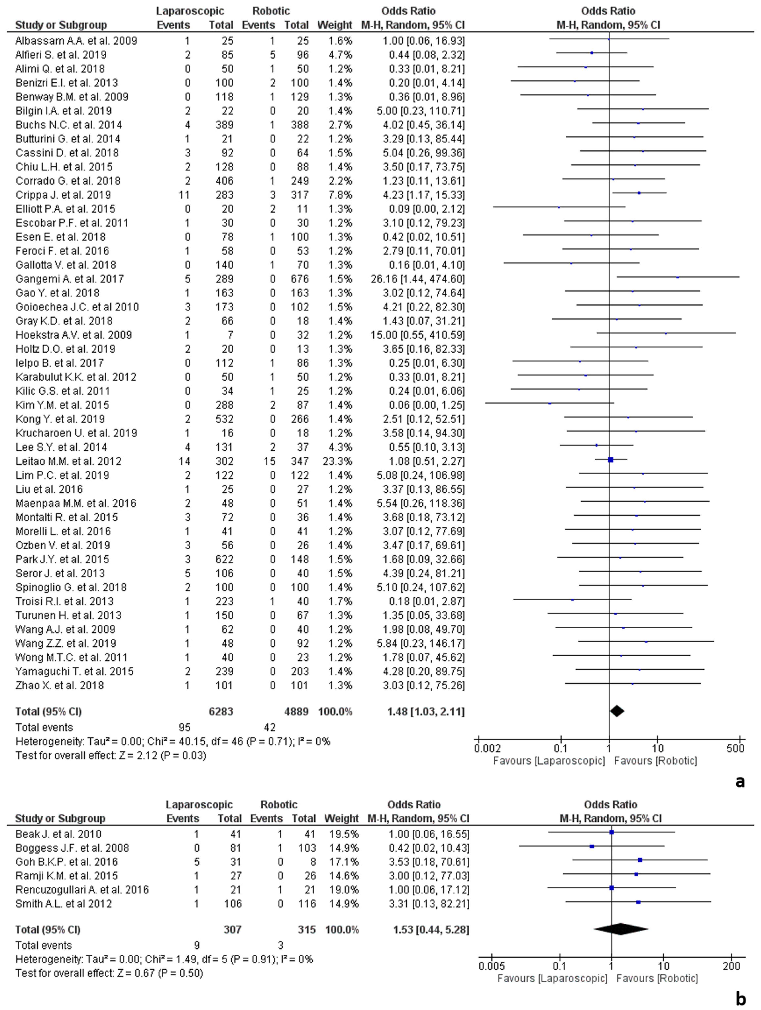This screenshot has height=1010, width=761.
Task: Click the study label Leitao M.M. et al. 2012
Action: [x=68, y=461]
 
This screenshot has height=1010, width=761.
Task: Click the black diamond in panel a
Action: [x=617, y=711]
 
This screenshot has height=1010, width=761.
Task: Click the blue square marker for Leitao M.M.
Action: [x=611, y=460]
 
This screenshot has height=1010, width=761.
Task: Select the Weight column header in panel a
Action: [x=335, y=25]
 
